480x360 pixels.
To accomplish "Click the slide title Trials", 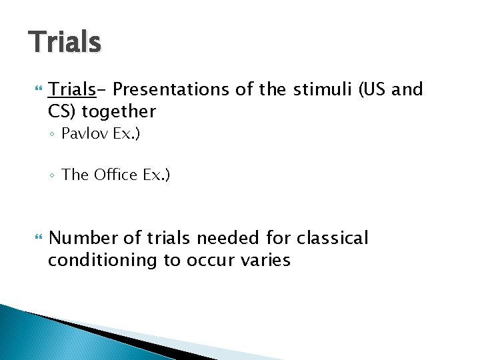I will tap(65, 42).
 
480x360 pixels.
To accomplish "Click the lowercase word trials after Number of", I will tap(170, 238).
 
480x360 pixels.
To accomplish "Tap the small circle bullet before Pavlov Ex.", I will tap(53, 135).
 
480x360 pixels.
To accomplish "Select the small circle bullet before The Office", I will tap(53, 176).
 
